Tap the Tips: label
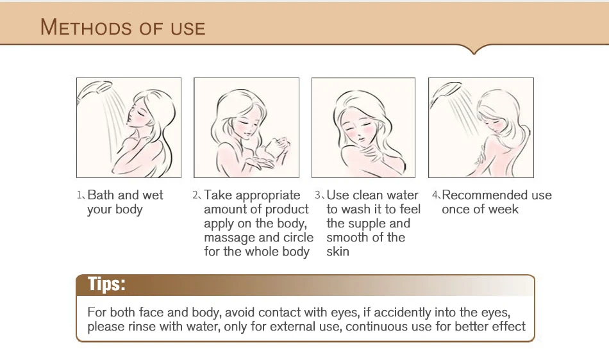[x=106, y=284]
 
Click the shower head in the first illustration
[x=94, y=89]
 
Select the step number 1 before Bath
[x=79, y=195]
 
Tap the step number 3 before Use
[x=318, y=195]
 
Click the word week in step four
[x=503, y=209]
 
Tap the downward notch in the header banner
[x=474, y=51]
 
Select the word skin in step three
[x=337, y=251]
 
